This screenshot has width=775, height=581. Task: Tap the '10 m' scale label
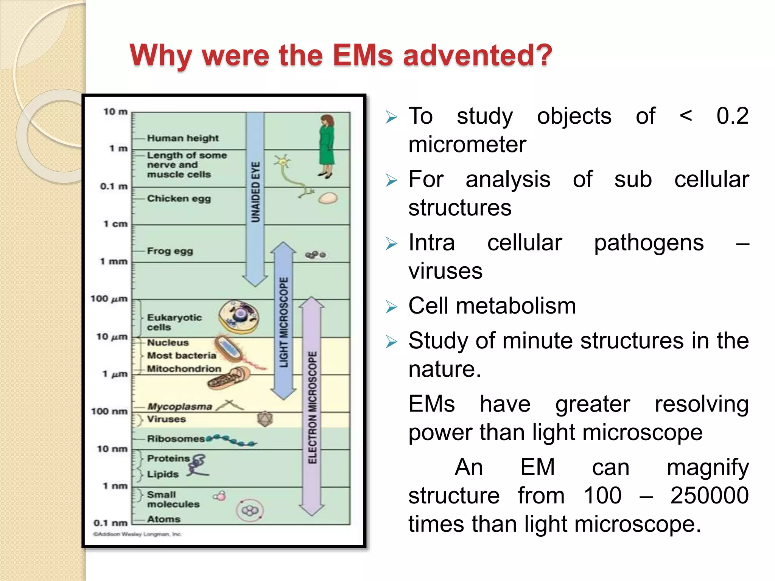pyautogui.click(x=115, y=112)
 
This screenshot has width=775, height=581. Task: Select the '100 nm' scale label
pyautogui.click(x=109, y=411)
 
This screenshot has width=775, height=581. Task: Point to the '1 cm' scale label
pyautogui.click(x=115, y=224)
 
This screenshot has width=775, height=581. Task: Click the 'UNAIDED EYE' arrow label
pyautogui.click(x=256, y=192)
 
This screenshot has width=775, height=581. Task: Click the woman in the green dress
pyautogui.click(x=327, y=146)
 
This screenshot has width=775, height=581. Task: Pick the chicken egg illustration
pyautogui.click(x=328, y=198)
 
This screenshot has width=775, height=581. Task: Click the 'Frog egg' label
pyautogui.click(x=170, y=251)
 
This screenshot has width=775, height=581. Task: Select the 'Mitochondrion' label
pyautogui.click(x=184, y=369)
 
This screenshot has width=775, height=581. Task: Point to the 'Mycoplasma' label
pyautogui.click(x=180, y=407)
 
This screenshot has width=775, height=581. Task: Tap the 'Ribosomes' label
pyautogui.click(x=176, y=439)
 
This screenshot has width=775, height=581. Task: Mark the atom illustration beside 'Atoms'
pyautogui.click(x=250, y=511)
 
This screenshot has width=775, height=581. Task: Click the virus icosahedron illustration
pyautogui.click(x=265, y=419)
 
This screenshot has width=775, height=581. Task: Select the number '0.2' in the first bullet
pyautogui.click(x=732, y=116)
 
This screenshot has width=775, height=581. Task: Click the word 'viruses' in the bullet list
pyautogui.click(x=445, y=271)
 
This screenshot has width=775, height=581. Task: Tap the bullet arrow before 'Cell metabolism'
pyautogui.click(x=392, y=307)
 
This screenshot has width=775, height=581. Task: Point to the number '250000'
pyautogui.click(x=709, y=496)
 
